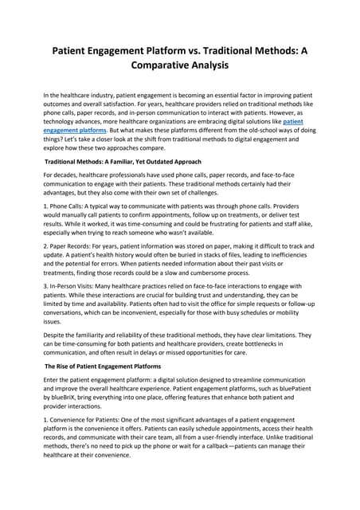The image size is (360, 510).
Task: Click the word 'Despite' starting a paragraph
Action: click(x=56, y=335)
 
